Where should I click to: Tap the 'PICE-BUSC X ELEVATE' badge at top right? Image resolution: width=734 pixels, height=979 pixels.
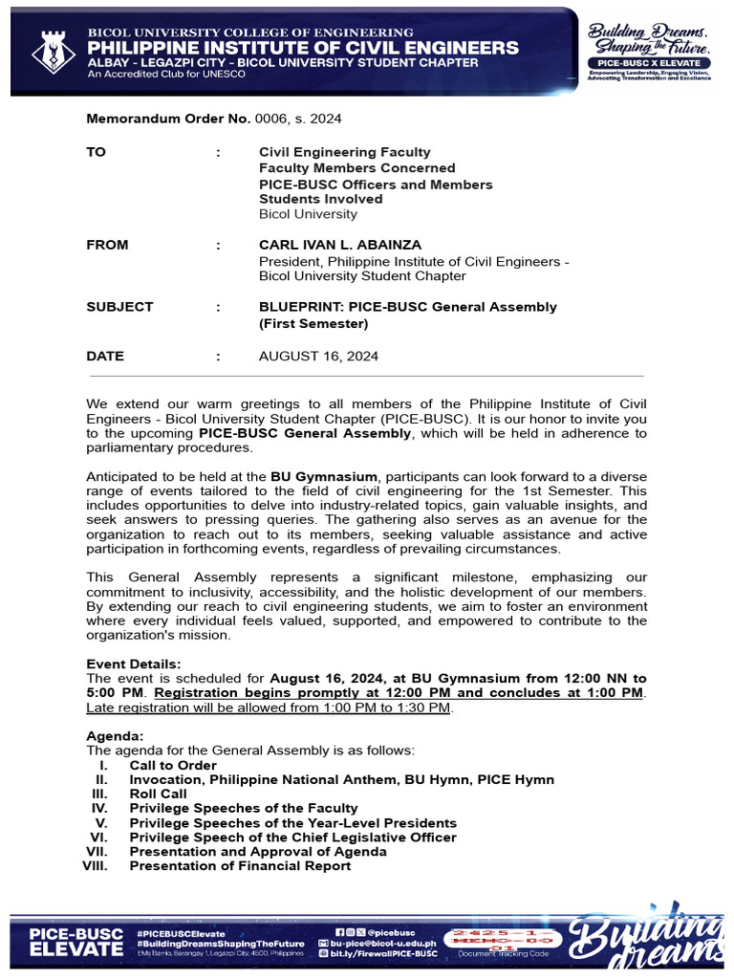[x=649, y=62]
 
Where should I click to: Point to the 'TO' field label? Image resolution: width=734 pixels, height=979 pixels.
[x=97, y=152]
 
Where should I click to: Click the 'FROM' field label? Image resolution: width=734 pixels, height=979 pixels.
[x=107, y=245]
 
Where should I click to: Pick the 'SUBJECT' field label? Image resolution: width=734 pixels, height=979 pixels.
[x=119, y=307]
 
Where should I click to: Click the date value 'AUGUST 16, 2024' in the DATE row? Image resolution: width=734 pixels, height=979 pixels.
[x=318, y=357]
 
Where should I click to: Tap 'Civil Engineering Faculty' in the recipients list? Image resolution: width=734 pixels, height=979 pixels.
[x=345, y=152]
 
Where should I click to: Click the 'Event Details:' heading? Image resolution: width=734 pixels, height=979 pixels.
[x=134, y=664]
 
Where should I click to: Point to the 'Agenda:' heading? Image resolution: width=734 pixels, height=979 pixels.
[x=116, y=737]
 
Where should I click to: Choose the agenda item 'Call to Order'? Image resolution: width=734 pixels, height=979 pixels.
[x=173, y=766]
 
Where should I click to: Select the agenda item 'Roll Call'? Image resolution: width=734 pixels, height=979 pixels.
[x=159, y=794]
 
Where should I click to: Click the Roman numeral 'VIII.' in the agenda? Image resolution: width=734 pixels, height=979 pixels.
[x=97, y=866]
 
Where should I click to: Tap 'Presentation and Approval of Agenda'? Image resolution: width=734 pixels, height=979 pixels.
[x=258, y=852]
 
